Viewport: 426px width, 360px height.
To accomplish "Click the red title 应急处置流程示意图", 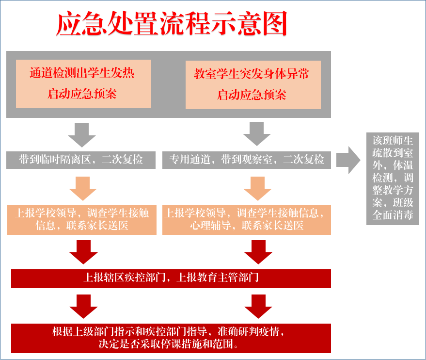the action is pos(172,23).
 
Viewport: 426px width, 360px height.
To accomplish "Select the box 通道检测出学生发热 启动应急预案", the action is pos(83,84).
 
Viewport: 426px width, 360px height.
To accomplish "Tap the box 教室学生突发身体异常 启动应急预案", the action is pos(253,85).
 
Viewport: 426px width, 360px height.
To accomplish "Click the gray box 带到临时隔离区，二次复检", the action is pos(81,160).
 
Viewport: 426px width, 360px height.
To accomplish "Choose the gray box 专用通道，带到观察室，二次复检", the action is pos(246,160).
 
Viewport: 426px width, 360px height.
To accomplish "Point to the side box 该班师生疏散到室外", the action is pos(393,179).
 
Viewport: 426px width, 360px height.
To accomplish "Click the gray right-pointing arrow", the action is pos(348,160).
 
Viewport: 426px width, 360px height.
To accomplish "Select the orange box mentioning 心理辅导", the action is pos(246,220).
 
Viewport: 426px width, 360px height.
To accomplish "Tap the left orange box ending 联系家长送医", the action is pos(82,220).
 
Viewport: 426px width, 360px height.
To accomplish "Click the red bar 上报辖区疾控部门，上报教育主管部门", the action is pos(171,278).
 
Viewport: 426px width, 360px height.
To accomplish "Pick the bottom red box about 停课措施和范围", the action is pos(171,338).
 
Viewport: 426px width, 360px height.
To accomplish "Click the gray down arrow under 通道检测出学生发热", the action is pos(82,135).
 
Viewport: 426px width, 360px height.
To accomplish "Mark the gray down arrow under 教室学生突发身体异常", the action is pos(257,134).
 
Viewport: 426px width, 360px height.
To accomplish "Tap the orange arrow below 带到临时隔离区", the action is pos(83,188).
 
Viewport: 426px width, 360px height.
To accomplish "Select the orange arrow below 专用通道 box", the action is pos(257,188).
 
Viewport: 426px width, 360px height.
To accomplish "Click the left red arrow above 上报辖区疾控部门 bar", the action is pos(83,252).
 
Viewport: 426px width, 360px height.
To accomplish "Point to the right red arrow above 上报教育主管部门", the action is pos(258,252).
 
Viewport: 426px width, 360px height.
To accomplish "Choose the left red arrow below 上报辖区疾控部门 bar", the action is pos(83,307).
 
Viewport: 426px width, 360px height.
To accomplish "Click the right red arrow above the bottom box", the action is pos(258,307).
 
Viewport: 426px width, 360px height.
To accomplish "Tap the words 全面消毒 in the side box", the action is pos(393,215).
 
